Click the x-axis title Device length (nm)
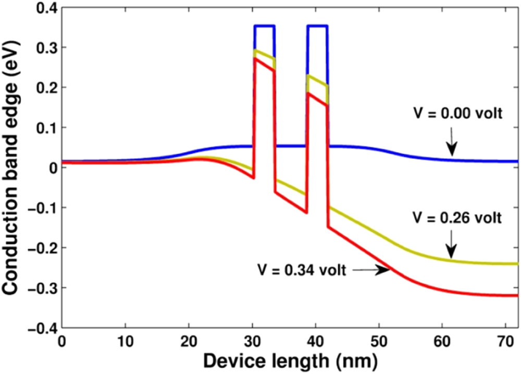coord(289,361)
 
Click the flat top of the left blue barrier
coord(264,26)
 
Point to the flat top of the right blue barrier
coord(317,26)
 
